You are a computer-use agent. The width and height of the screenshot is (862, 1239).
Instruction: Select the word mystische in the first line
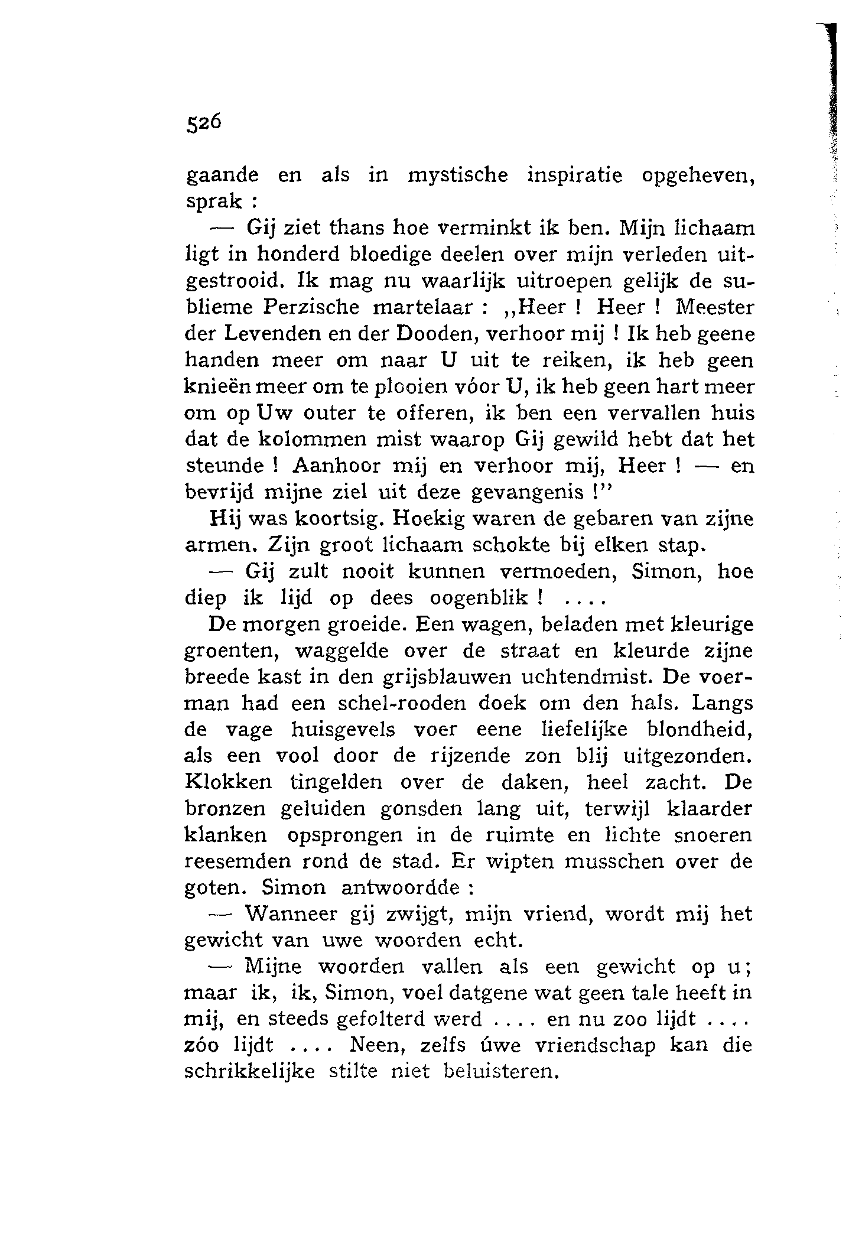tap(458, 176)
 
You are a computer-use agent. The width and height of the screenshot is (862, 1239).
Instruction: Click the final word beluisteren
tap(500, 1072)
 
